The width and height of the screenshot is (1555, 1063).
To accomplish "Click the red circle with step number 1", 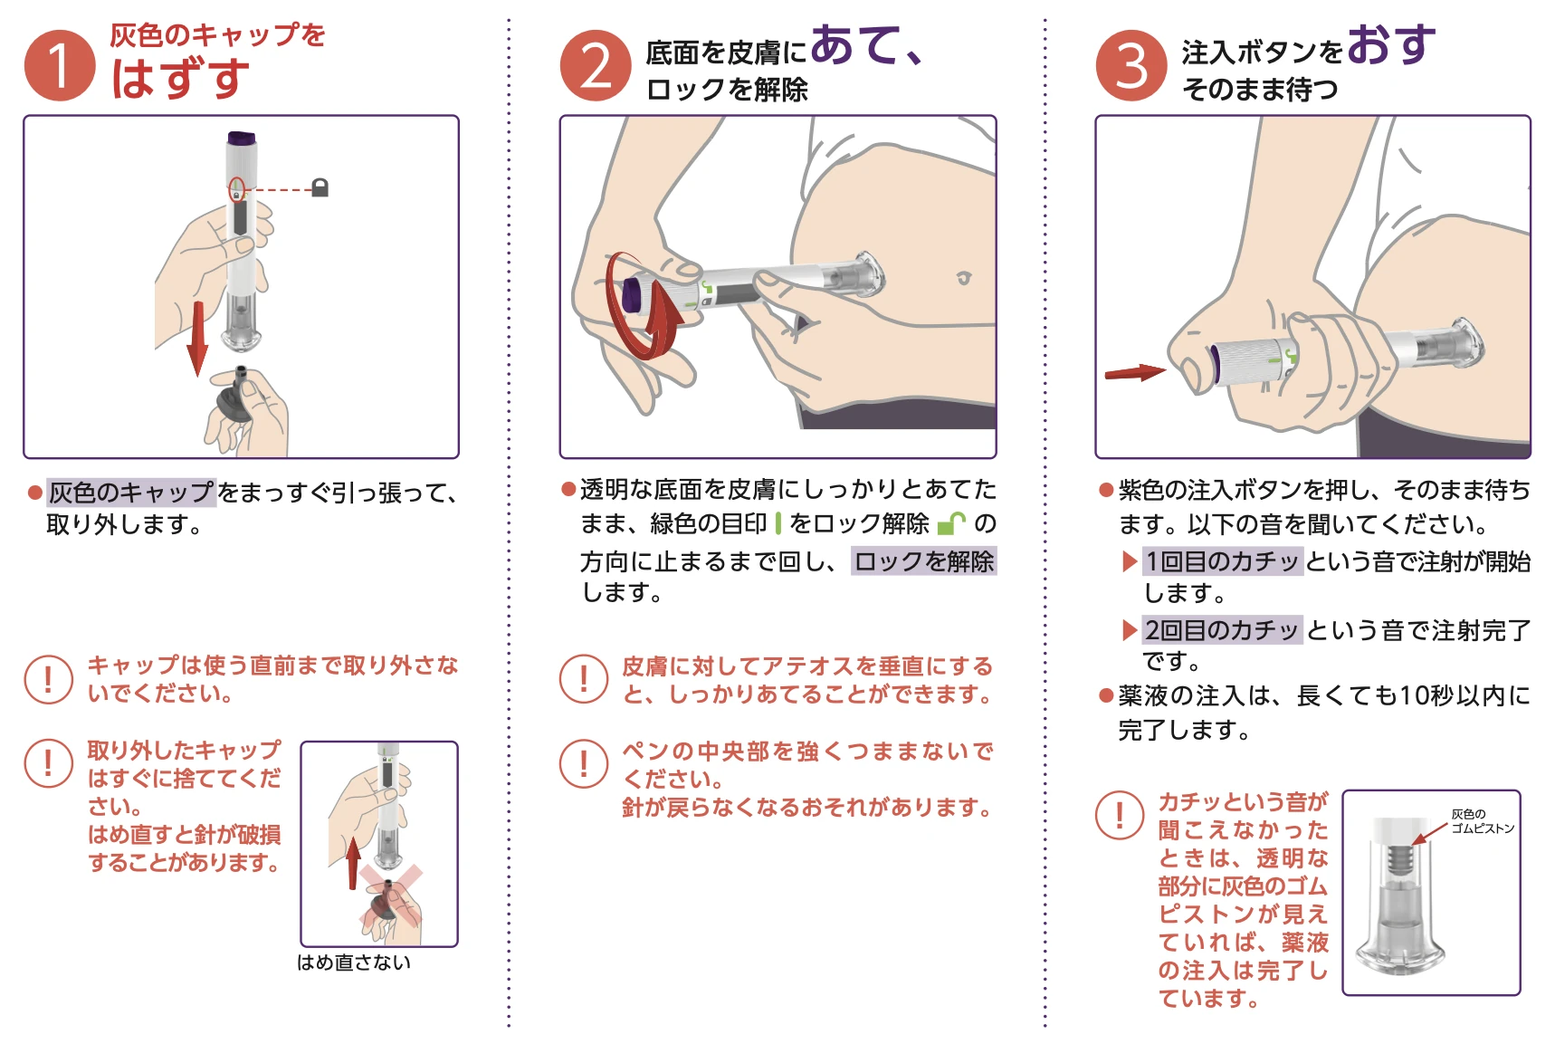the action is tap(60, 65).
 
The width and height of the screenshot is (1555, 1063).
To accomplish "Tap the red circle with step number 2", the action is tap(596, 65).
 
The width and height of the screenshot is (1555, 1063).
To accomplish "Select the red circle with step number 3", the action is tap(1131, 65).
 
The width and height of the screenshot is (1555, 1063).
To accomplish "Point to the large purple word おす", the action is tap(1392, 44).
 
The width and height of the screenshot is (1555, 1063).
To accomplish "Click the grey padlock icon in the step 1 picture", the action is tap(320, 187).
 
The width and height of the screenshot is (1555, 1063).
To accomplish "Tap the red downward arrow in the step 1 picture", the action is tap(197, 339).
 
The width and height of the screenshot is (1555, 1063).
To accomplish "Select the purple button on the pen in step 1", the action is tap(242, 139).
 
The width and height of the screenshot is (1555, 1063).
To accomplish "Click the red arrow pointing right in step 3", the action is tap(1135, 372).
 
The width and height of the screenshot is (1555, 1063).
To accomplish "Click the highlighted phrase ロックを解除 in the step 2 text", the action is tap(924, 561).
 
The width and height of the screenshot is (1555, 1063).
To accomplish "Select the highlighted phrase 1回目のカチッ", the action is tap(1222, 561).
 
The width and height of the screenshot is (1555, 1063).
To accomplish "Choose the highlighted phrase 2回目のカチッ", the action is tap(1222, 629).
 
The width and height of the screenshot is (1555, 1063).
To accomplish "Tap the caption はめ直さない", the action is tap(354, 962).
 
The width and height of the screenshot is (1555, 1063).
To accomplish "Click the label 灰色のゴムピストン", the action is tap(1482, 821).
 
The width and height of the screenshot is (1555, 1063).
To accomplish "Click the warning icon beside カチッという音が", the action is tap(1120, 815).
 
